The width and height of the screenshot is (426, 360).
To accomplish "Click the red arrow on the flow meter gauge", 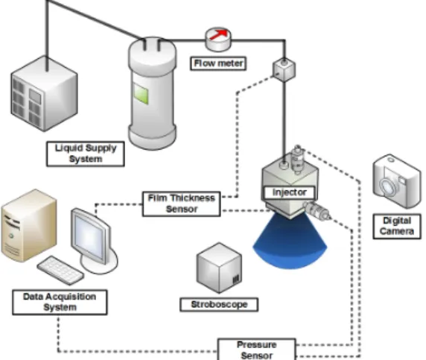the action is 220,34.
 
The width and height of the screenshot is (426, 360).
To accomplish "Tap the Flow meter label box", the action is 218,63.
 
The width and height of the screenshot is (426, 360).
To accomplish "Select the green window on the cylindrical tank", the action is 141,93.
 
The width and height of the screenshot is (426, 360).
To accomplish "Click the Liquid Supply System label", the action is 86,154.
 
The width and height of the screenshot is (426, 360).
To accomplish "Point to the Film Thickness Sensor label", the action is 182,204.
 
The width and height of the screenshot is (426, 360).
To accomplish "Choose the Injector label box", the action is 290,192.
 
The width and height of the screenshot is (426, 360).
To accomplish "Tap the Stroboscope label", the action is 219,305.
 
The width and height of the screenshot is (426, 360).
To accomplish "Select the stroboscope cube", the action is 219,268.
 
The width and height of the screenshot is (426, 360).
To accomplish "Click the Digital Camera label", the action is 397,227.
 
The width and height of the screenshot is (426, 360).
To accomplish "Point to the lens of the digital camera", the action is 388,186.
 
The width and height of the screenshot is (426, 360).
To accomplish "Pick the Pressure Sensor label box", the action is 257,350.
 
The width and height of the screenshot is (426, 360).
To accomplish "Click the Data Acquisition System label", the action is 60,302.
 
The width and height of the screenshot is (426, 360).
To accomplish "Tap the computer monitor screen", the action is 90,235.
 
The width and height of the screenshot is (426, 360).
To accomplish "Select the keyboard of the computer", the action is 60,270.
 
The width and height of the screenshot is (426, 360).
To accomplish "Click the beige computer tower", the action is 29,226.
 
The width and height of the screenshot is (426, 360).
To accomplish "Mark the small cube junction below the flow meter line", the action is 284,69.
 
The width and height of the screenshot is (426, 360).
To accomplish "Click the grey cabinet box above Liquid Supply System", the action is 45,93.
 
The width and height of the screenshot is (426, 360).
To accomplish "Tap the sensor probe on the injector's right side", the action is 317,211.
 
